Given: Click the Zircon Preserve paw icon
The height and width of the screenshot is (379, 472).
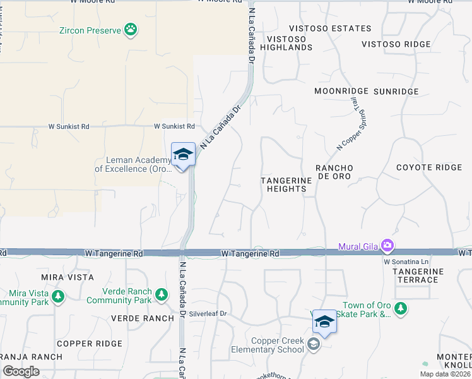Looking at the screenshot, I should [x=131, y=29].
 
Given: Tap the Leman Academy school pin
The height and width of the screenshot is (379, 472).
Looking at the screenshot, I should [x=182, y=155].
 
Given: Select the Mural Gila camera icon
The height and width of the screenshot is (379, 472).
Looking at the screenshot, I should [x=387, y=245].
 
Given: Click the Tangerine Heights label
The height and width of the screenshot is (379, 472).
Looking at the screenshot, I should [x=287, y=184].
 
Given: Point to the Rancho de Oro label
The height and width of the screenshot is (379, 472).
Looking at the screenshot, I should [x=334, y=172].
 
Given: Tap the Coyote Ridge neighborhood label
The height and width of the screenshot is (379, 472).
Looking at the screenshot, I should [x=429, y=167].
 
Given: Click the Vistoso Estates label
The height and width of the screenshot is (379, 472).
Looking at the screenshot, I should [x=330, y=28].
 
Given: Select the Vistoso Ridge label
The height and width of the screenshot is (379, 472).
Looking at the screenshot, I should [x=396, y=44].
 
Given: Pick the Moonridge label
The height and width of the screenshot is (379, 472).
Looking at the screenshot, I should [x=341, y=92].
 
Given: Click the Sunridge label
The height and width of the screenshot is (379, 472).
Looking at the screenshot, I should [x=396, y=92].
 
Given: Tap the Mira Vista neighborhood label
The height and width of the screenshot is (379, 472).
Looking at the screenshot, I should [x=67, y=277].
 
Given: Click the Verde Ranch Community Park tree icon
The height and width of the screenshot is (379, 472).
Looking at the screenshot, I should [x=162, y=294].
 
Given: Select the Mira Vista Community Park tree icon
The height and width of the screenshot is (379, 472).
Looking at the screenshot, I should [x=58, y=296].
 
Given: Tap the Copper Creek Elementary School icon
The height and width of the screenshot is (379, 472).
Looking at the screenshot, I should [x=314, y=345].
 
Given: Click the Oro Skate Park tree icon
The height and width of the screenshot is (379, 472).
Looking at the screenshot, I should [x=400, y=308].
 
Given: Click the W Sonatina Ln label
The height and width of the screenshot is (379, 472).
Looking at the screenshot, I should [x=406, y=261].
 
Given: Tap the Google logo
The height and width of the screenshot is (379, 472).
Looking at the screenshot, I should [x=21, y=371].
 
